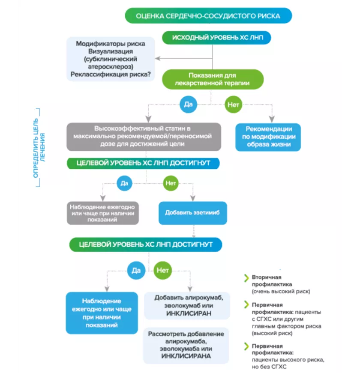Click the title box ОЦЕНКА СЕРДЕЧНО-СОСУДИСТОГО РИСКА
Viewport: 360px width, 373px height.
[208, 16]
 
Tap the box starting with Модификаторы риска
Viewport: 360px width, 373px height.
[110, 59]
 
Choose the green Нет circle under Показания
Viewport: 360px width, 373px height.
[234, 104]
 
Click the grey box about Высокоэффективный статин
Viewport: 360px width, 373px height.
[144, 136]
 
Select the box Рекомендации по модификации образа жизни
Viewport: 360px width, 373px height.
[268, 137]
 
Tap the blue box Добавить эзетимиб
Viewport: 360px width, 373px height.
[193, 212]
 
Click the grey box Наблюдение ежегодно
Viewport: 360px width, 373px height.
[102, 212]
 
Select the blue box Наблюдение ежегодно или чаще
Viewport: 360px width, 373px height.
[102, 313]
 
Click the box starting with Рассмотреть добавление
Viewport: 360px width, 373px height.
[186, 345]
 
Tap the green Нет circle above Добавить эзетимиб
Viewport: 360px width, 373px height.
[171, 183]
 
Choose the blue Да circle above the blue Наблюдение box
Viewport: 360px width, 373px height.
[136, 270]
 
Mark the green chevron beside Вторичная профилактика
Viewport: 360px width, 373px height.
[246, 278]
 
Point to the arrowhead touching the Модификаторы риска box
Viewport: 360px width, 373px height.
[157, 58]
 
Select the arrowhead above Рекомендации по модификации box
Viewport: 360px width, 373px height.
[271, 120]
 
